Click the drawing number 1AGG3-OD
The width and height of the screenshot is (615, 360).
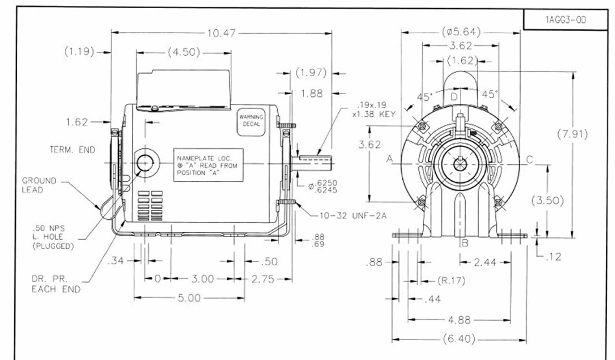(x=566, y=20)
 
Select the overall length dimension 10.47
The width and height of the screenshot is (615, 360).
(x=221, y=33)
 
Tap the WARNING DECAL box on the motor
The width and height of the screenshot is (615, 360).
(x=251, y=120)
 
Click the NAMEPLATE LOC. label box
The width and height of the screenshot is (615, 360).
(x=208, y=165)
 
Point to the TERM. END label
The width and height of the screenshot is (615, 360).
(x=72, y=150)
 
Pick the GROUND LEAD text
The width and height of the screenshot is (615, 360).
(x=39, y=185)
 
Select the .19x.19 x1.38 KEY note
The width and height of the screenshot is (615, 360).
(x=375, y=110)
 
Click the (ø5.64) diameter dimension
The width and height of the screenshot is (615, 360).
(x=461, y=32)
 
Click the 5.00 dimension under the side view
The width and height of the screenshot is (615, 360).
(x=189, y=298)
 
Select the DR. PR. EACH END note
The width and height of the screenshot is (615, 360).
(x=56, y=284)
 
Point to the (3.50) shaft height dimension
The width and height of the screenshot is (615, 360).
(x=547, y=200)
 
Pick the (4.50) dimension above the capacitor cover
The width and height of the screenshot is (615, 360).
(x=184, y=52)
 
